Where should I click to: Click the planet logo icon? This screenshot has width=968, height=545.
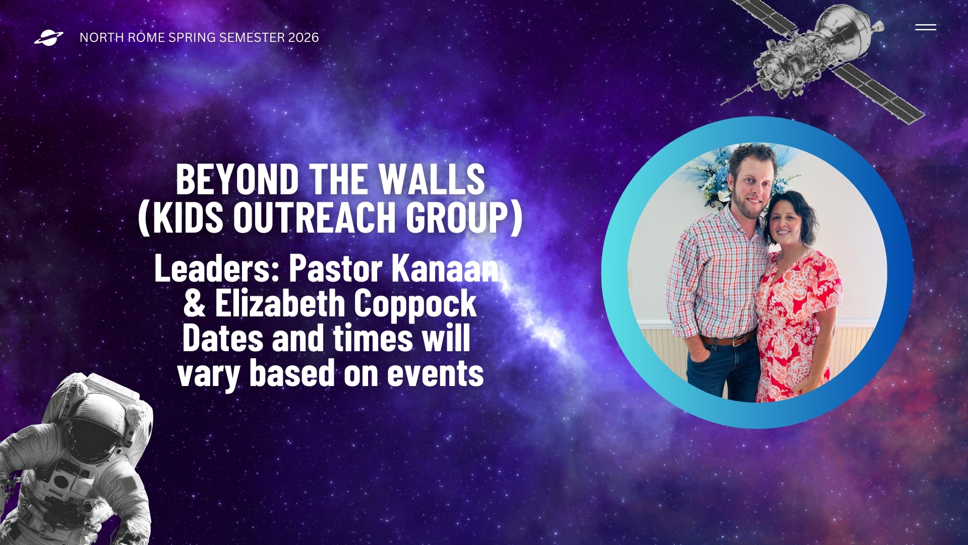pyautogui.click(x=49, y=38)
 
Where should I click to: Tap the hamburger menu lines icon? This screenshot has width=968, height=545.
pyautogui.click(x=926, y=27)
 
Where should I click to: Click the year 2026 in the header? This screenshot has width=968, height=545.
pyautogui.click(x=304, y=38)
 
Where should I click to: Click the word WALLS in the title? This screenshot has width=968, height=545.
pyautogui.click(x=432, y=179)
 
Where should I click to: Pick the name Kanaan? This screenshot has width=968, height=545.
pyautogui.click(x=445, y=268)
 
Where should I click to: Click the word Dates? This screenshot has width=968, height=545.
pyautogui.click(x=223, y=338)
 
